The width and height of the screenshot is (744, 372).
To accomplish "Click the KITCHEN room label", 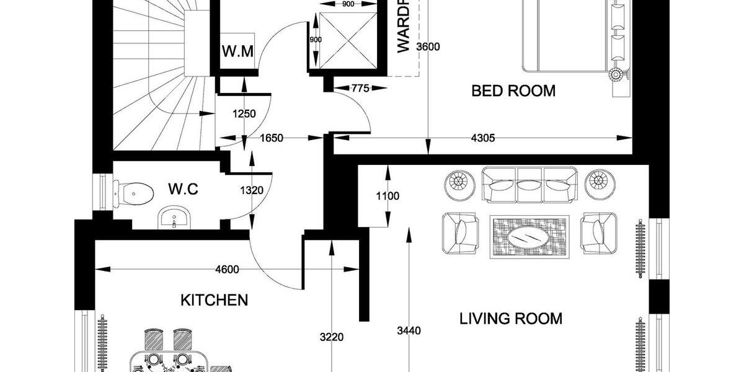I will [x=214, y=301].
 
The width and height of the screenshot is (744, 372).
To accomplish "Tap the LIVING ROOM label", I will [x=511, y=319].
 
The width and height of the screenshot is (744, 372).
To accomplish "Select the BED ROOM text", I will [x=513, y=91].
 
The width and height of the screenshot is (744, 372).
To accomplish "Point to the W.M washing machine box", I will [x=237, y=51].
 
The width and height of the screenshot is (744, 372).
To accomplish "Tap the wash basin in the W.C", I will [x=174, y=218].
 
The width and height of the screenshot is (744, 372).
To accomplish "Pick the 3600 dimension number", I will [x=428, y=48].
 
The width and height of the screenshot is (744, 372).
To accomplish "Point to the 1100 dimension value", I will [x=387, y=197].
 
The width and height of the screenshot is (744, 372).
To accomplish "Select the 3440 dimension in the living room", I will [x=409, y=331].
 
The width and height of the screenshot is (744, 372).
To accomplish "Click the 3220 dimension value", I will [x=333, y=337].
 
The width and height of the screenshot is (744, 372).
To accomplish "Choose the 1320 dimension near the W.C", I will [x=252, y=191].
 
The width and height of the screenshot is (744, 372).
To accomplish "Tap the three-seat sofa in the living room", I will [x=529, y=185].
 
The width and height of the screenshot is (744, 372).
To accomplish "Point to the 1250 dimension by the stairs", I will [x=244, y=114].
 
